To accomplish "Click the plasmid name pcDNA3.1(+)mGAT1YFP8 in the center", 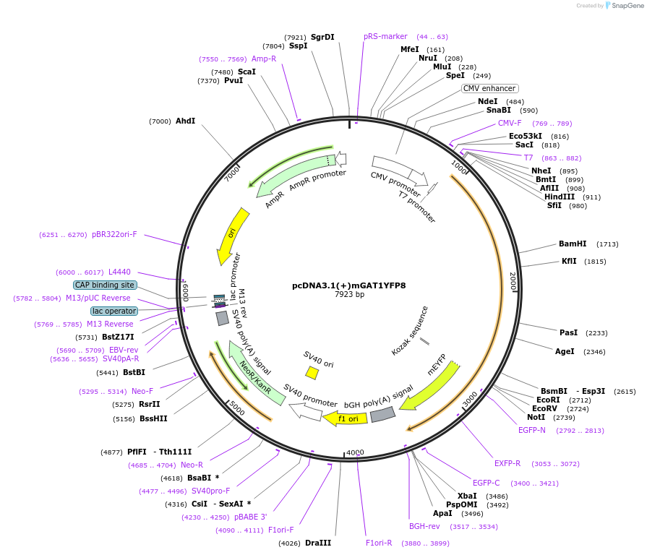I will pyautogui.click(x=348, y=285).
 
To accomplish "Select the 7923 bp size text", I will pyautogui.click(x=349, y=295).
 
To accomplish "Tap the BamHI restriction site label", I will pyautogui.click(x=573, y=244).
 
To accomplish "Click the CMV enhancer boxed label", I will pyautogui.click(x=489, y=88).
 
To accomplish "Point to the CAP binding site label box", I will pyautogui.click(x=105, y=285).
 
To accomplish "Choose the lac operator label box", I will pyautogui.click(x=114, y=311).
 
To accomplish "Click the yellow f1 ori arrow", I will pyautogui.click(x=345, y=418).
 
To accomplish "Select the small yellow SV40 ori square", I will pyautogui.click(x=312, y=372).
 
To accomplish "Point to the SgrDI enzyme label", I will pyautogui.click(x=322, y=37).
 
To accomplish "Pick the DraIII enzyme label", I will pyautogui.click(x=318, y=543).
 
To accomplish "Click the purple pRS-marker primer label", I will pyautogui.click(x=385, y=36).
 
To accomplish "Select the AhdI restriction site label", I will pyautogui.click(x=185, y=121).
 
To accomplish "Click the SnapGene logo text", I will pyautogui.click(x=626, y=6).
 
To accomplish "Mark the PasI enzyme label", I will pyautogui.click(x=569, y=332).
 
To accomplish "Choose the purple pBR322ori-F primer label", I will pyautogui.click(x=114, y=234).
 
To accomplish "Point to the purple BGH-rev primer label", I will pyautogui.click(x=424, y=526).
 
